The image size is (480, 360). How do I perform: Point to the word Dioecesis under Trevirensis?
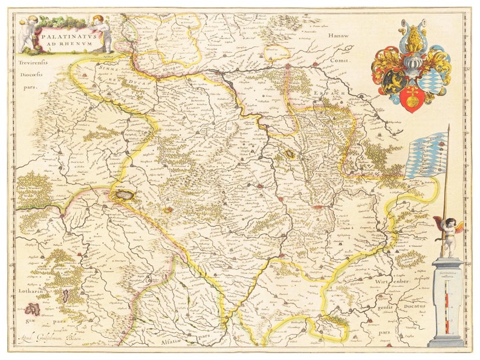27,75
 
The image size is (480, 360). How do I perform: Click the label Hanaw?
339,36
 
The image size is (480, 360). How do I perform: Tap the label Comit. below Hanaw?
340,61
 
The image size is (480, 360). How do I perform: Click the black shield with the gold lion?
394,82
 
